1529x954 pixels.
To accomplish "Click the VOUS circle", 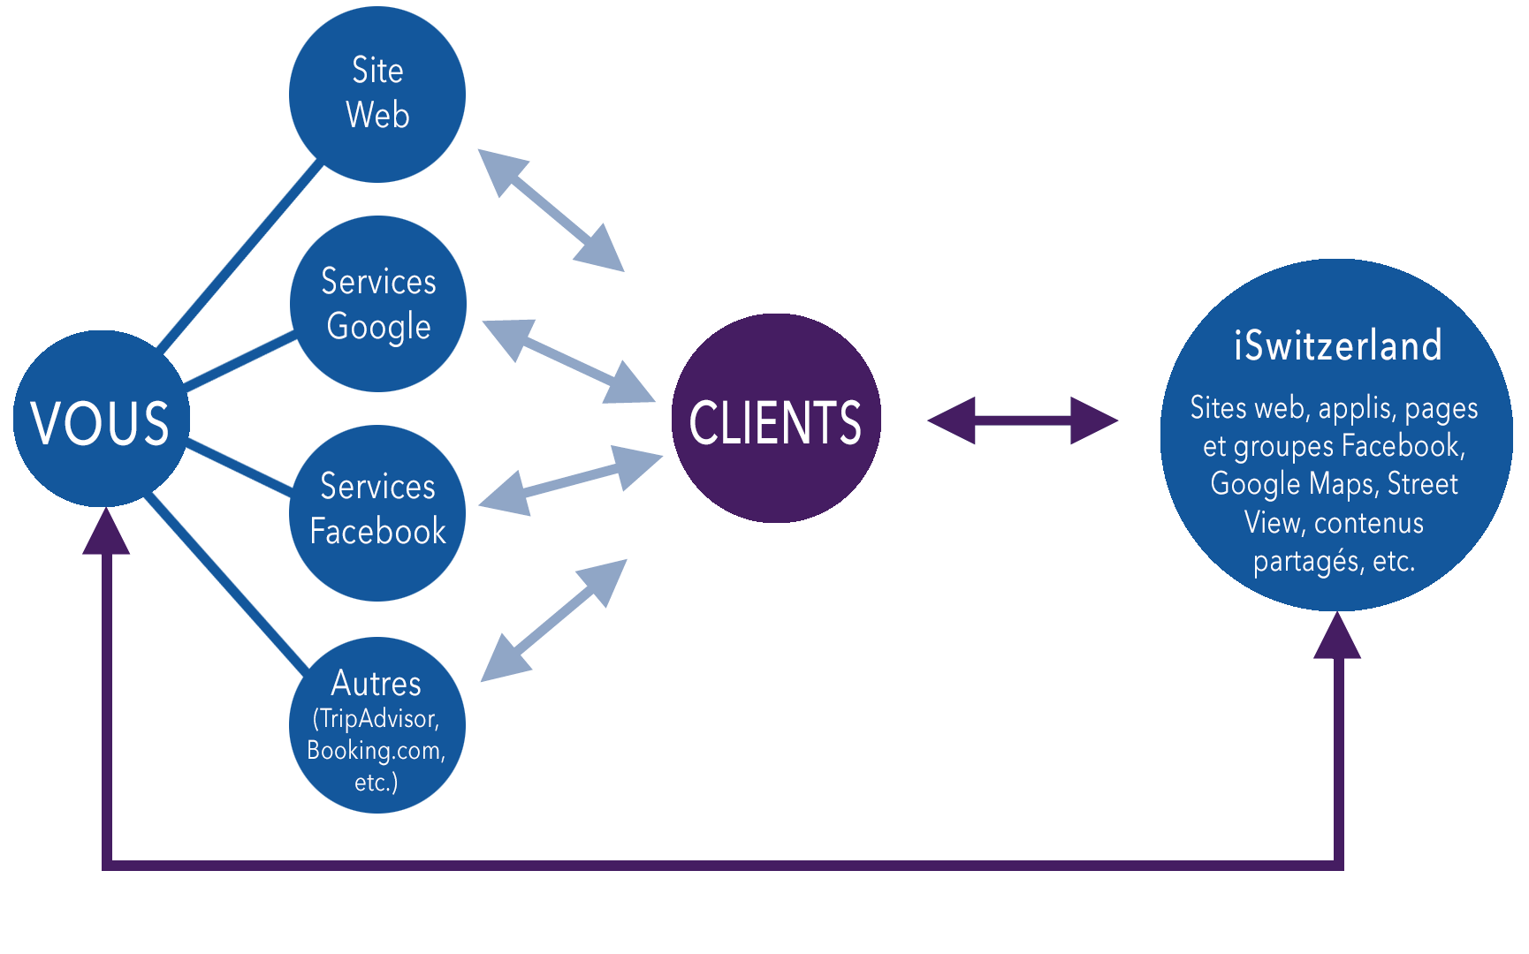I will pos(101,419).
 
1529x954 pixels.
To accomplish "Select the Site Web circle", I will pos(377,94).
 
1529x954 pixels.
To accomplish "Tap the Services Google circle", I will pos(378,304).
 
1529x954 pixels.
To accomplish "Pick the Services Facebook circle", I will pos(377,513).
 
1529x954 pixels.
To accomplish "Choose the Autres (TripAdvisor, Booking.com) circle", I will pos(377,725).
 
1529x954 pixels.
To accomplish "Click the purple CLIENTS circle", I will pos(776,419).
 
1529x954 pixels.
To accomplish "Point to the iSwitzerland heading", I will pos(1337,345).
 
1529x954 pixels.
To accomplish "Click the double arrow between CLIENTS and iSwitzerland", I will pos(1023,420).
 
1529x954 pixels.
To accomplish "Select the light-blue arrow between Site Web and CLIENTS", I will pos(551,209).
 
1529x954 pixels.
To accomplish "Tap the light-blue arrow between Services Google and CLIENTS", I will pos(568,361).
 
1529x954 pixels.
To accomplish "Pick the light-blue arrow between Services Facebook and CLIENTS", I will pos(570,481).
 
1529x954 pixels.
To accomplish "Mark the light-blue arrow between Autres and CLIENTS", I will pos(554,620).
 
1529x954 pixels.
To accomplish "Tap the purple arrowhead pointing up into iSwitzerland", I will pos(1337,637).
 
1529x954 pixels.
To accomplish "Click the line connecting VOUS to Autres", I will pos(227,582).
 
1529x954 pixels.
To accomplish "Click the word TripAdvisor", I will pos(378,719).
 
